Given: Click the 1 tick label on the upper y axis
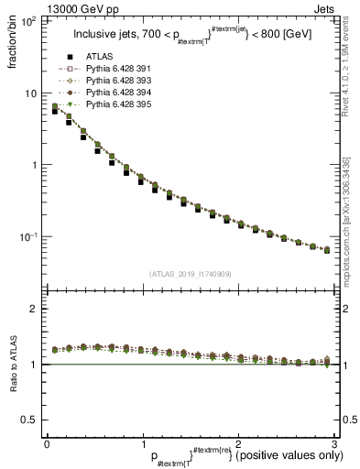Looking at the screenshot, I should pyautogui.click(x=34, y=165).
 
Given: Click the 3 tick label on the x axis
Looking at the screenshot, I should pyautogui.click(x=335, y=443).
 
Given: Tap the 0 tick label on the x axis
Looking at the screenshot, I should pyautogui.click(x=47, y=443).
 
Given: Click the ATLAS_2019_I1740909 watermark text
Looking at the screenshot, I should pyautogui.click(x=191, y=273).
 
